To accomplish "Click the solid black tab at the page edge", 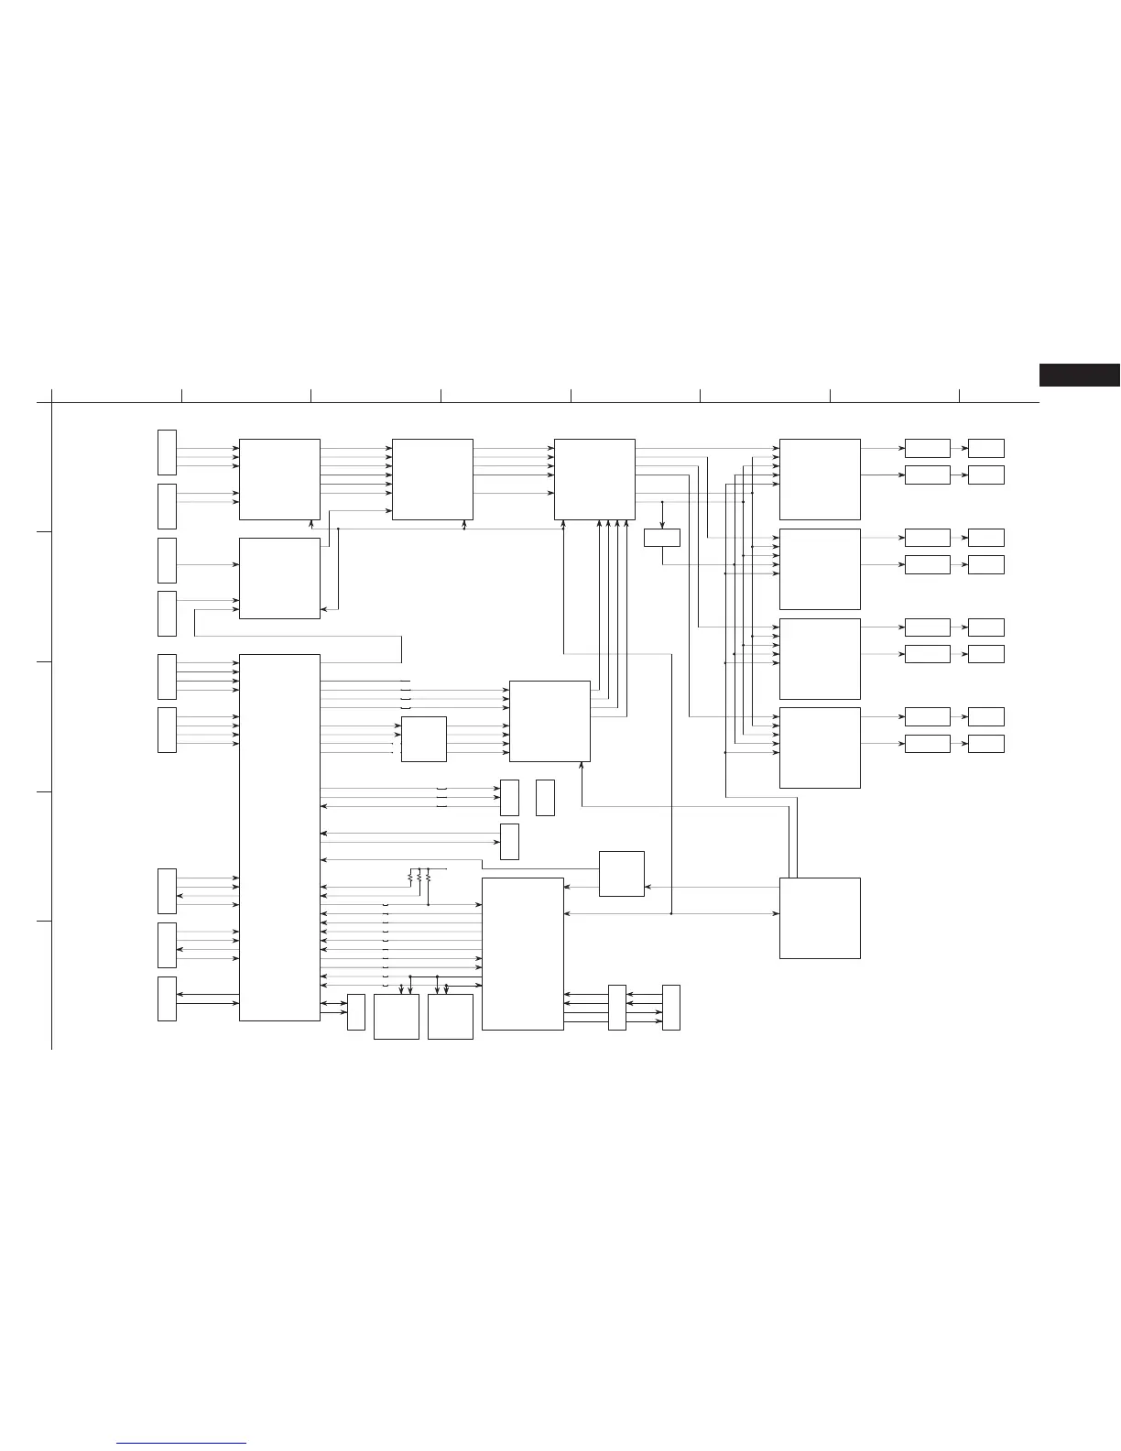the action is [x=1079, y=375].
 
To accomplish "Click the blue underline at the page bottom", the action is [x=181, y=1444].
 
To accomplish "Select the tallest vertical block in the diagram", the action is [x=279, y=837].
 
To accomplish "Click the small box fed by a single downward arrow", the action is [x=661, y=538].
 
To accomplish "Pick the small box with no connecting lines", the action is [x=545, y=798].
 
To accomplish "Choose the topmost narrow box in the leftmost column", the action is [x=167, y=453].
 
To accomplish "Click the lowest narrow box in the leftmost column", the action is [x=167, y=998].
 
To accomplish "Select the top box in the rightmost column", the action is [x=985, y=448].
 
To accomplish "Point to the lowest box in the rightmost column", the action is [x=985, y=744].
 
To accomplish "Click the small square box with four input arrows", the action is [x=424, y=739].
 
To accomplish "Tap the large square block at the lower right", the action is [x=820, y=918].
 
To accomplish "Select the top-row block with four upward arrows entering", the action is [x=594, y=479].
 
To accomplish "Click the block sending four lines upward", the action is [x=550, y=721].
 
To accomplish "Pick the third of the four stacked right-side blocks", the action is [x=820, y=659].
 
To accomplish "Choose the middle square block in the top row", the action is [x=432, y=479].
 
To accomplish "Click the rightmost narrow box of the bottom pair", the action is [x=671, y=1008].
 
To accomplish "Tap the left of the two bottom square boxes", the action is [x=397, y=1017].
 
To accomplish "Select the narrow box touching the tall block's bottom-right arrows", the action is [x=356, y=1012].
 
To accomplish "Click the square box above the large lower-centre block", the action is [x=621, y=874].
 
